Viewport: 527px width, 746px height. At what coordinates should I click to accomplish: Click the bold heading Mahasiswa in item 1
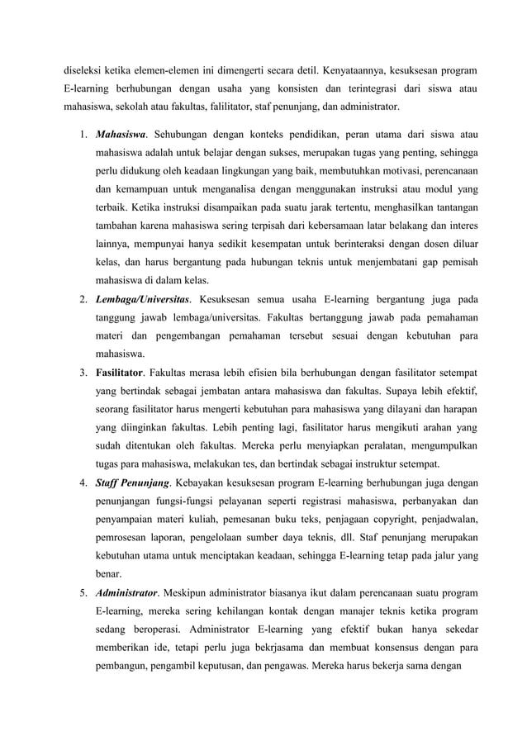(121, 133)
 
